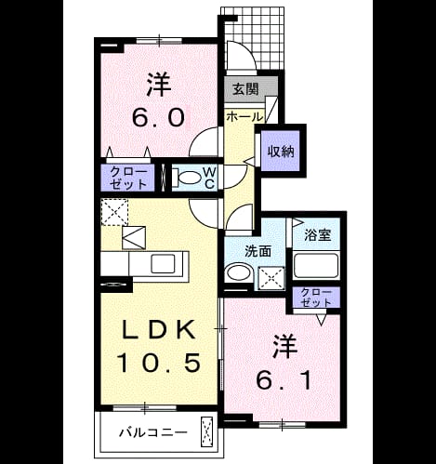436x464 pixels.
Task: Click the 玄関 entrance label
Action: [x=245, y=89]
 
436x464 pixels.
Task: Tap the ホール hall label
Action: [x=244, y=117]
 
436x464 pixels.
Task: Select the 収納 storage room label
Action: [x=281, y=152]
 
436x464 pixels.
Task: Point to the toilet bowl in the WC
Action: [x=187, y=178]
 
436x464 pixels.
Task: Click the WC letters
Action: [x=210, y=178]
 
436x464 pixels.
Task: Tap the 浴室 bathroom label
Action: [x=318, y=234]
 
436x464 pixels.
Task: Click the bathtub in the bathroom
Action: [x=316, y=265]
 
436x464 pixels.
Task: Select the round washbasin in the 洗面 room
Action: [x=239, y=272]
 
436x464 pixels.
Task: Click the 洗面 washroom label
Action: [x=258, y=251]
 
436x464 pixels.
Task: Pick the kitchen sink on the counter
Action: [x=163, y=263]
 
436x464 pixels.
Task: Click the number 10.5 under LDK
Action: [x=159, y=363]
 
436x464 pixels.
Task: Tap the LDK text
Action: [x=159, y=329]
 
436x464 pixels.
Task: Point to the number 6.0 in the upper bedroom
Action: [x=159, y=117]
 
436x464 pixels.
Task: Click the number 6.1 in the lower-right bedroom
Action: [x=284, y=380]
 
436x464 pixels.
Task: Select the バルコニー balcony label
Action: [x=153, y=432]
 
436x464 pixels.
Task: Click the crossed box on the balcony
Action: [x=207, y=432]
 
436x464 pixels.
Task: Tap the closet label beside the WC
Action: [x=128, y=178]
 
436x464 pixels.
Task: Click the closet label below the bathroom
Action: [x=316, y=298]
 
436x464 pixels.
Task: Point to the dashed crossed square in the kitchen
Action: [x=114, y=212]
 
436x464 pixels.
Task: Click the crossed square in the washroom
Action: [x=271, y=277]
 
